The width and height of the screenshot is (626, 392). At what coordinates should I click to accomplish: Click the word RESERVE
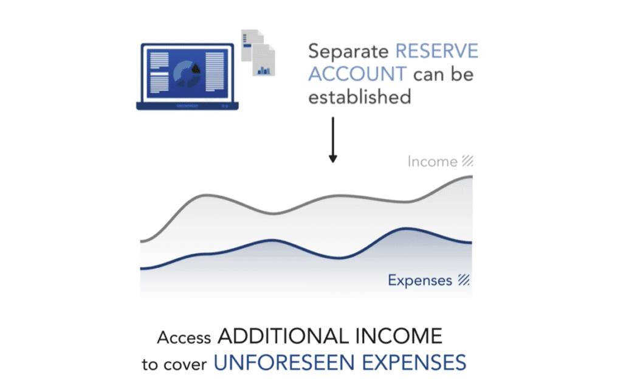(x=436, y=51)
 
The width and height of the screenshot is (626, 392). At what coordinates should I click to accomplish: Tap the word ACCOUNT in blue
(x=357, y=74)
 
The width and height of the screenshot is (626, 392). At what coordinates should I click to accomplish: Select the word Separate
(x=348, y=52)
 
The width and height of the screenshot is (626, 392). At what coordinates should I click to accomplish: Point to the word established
(x=360, y=97)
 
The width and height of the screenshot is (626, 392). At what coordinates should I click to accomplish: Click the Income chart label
(x=432, y=162)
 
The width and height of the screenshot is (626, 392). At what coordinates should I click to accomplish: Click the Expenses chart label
(x=420, y=280)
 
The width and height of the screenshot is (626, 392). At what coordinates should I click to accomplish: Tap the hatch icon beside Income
(x=467, y=161)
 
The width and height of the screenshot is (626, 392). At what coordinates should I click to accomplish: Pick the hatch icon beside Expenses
(x=464, y=280)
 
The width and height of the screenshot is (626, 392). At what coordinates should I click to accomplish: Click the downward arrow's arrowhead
(x=333, y=159)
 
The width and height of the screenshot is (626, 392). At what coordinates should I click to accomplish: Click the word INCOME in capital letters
(x=399, y=336)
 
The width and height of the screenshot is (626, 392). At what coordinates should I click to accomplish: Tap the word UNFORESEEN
(x=284, y=363)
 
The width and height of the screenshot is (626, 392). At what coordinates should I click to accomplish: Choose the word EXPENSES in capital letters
(x=414, y=363)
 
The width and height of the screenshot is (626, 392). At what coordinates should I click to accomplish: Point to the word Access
(x=184, y=338)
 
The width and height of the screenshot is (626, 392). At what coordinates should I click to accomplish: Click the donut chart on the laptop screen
(x=187, y=74)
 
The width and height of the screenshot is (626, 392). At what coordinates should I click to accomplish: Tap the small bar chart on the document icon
(x=264, y=70)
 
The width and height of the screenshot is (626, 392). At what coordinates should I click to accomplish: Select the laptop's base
(x=187, y=106)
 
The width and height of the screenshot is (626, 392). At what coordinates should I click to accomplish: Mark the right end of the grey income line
(x=472, y=176)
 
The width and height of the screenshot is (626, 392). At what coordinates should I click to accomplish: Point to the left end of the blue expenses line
(x=140, y=269)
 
